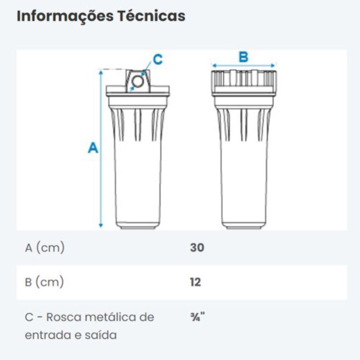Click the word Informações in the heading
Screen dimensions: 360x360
click(65, 17)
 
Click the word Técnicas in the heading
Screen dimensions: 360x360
click(152, 16)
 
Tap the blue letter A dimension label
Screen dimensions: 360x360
click(93, 148)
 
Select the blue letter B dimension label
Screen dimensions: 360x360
click(243, 57)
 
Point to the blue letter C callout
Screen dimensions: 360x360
click(158, 59)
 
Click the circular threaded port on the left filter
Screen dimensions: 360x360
click(138, 81)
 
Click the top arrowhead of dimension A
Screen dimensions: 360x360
click(101, 72)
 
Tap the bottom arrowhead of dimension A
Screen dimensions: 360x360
click(101, 225)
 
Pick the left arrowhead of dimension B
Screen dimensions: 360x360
click(215, 66)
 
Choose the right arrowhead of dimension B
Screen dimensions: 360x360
click(273, 66)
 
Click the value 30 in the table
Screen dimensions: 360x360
click(197, 247)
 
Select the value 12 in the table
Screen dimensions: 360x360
click(195, 282)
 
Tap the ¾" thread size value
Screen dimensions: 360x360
click(198, 317)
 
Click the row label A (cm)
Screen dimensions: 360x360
click(45, 248)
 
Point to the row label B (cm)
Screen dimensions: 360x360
click(44, 283)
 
